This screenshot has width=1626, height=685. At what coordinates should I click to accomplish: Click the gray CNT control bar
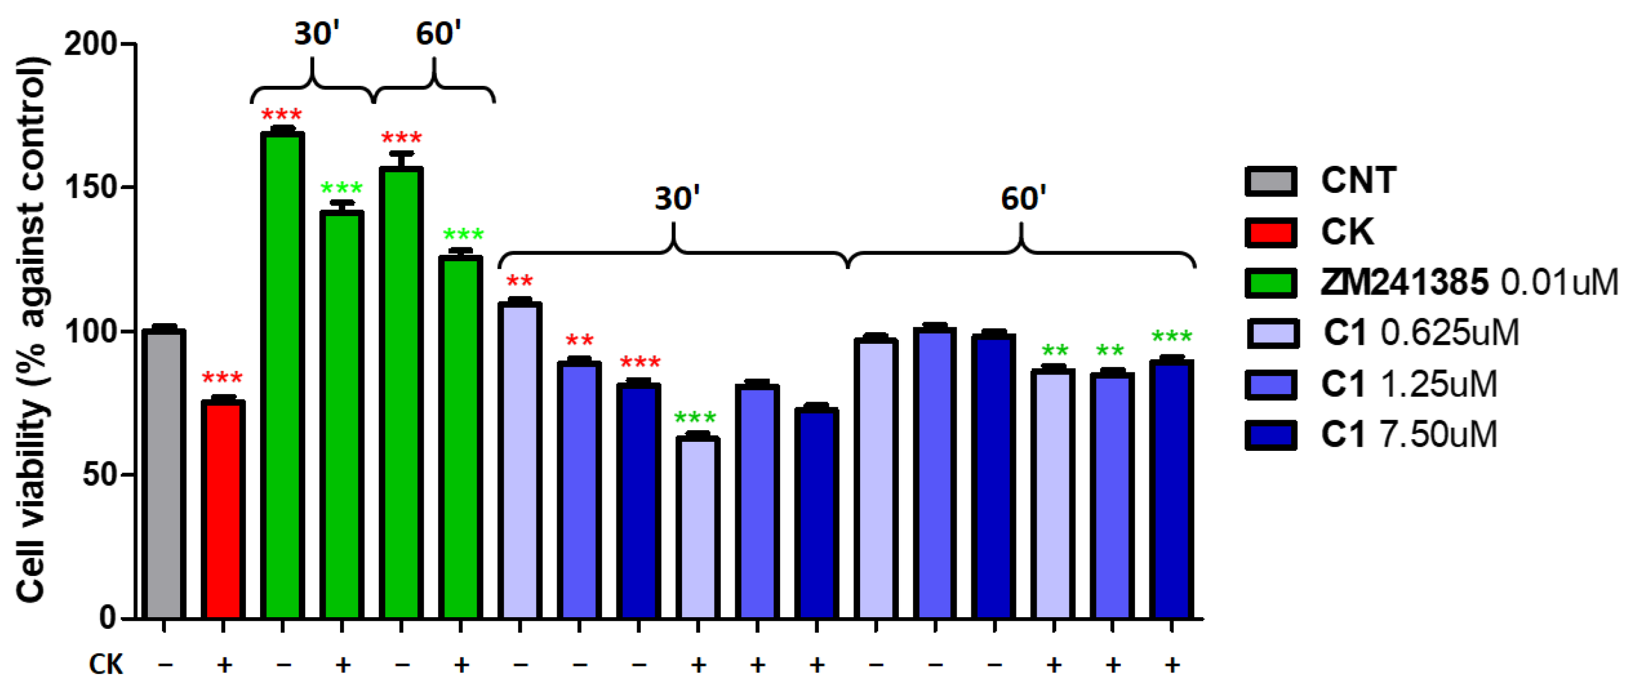164,474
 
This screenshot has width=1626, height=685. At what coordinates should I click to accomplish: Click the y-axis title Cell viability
32,328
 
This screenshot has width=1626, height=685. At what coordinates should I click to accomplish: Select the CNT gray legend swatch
1271,181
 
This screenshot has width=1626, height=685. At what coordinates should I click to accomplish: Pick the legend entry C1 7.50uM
1408,435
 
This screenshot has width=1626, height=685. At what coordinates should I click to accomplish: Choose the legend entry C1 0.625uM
1420,333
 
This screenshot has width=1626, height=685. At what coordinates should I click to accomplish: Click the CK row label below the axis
105,664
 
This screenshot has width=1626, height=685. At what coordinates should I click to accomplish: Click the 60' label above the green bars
438,33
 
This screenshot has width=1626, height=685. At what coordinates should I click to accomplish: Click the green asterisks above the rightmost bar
1172,336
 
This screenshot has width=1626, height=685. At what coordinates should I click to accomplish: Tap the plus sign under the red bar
224,664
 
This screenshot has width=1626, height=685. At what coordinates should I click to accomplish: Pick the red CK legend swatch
1271,233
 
